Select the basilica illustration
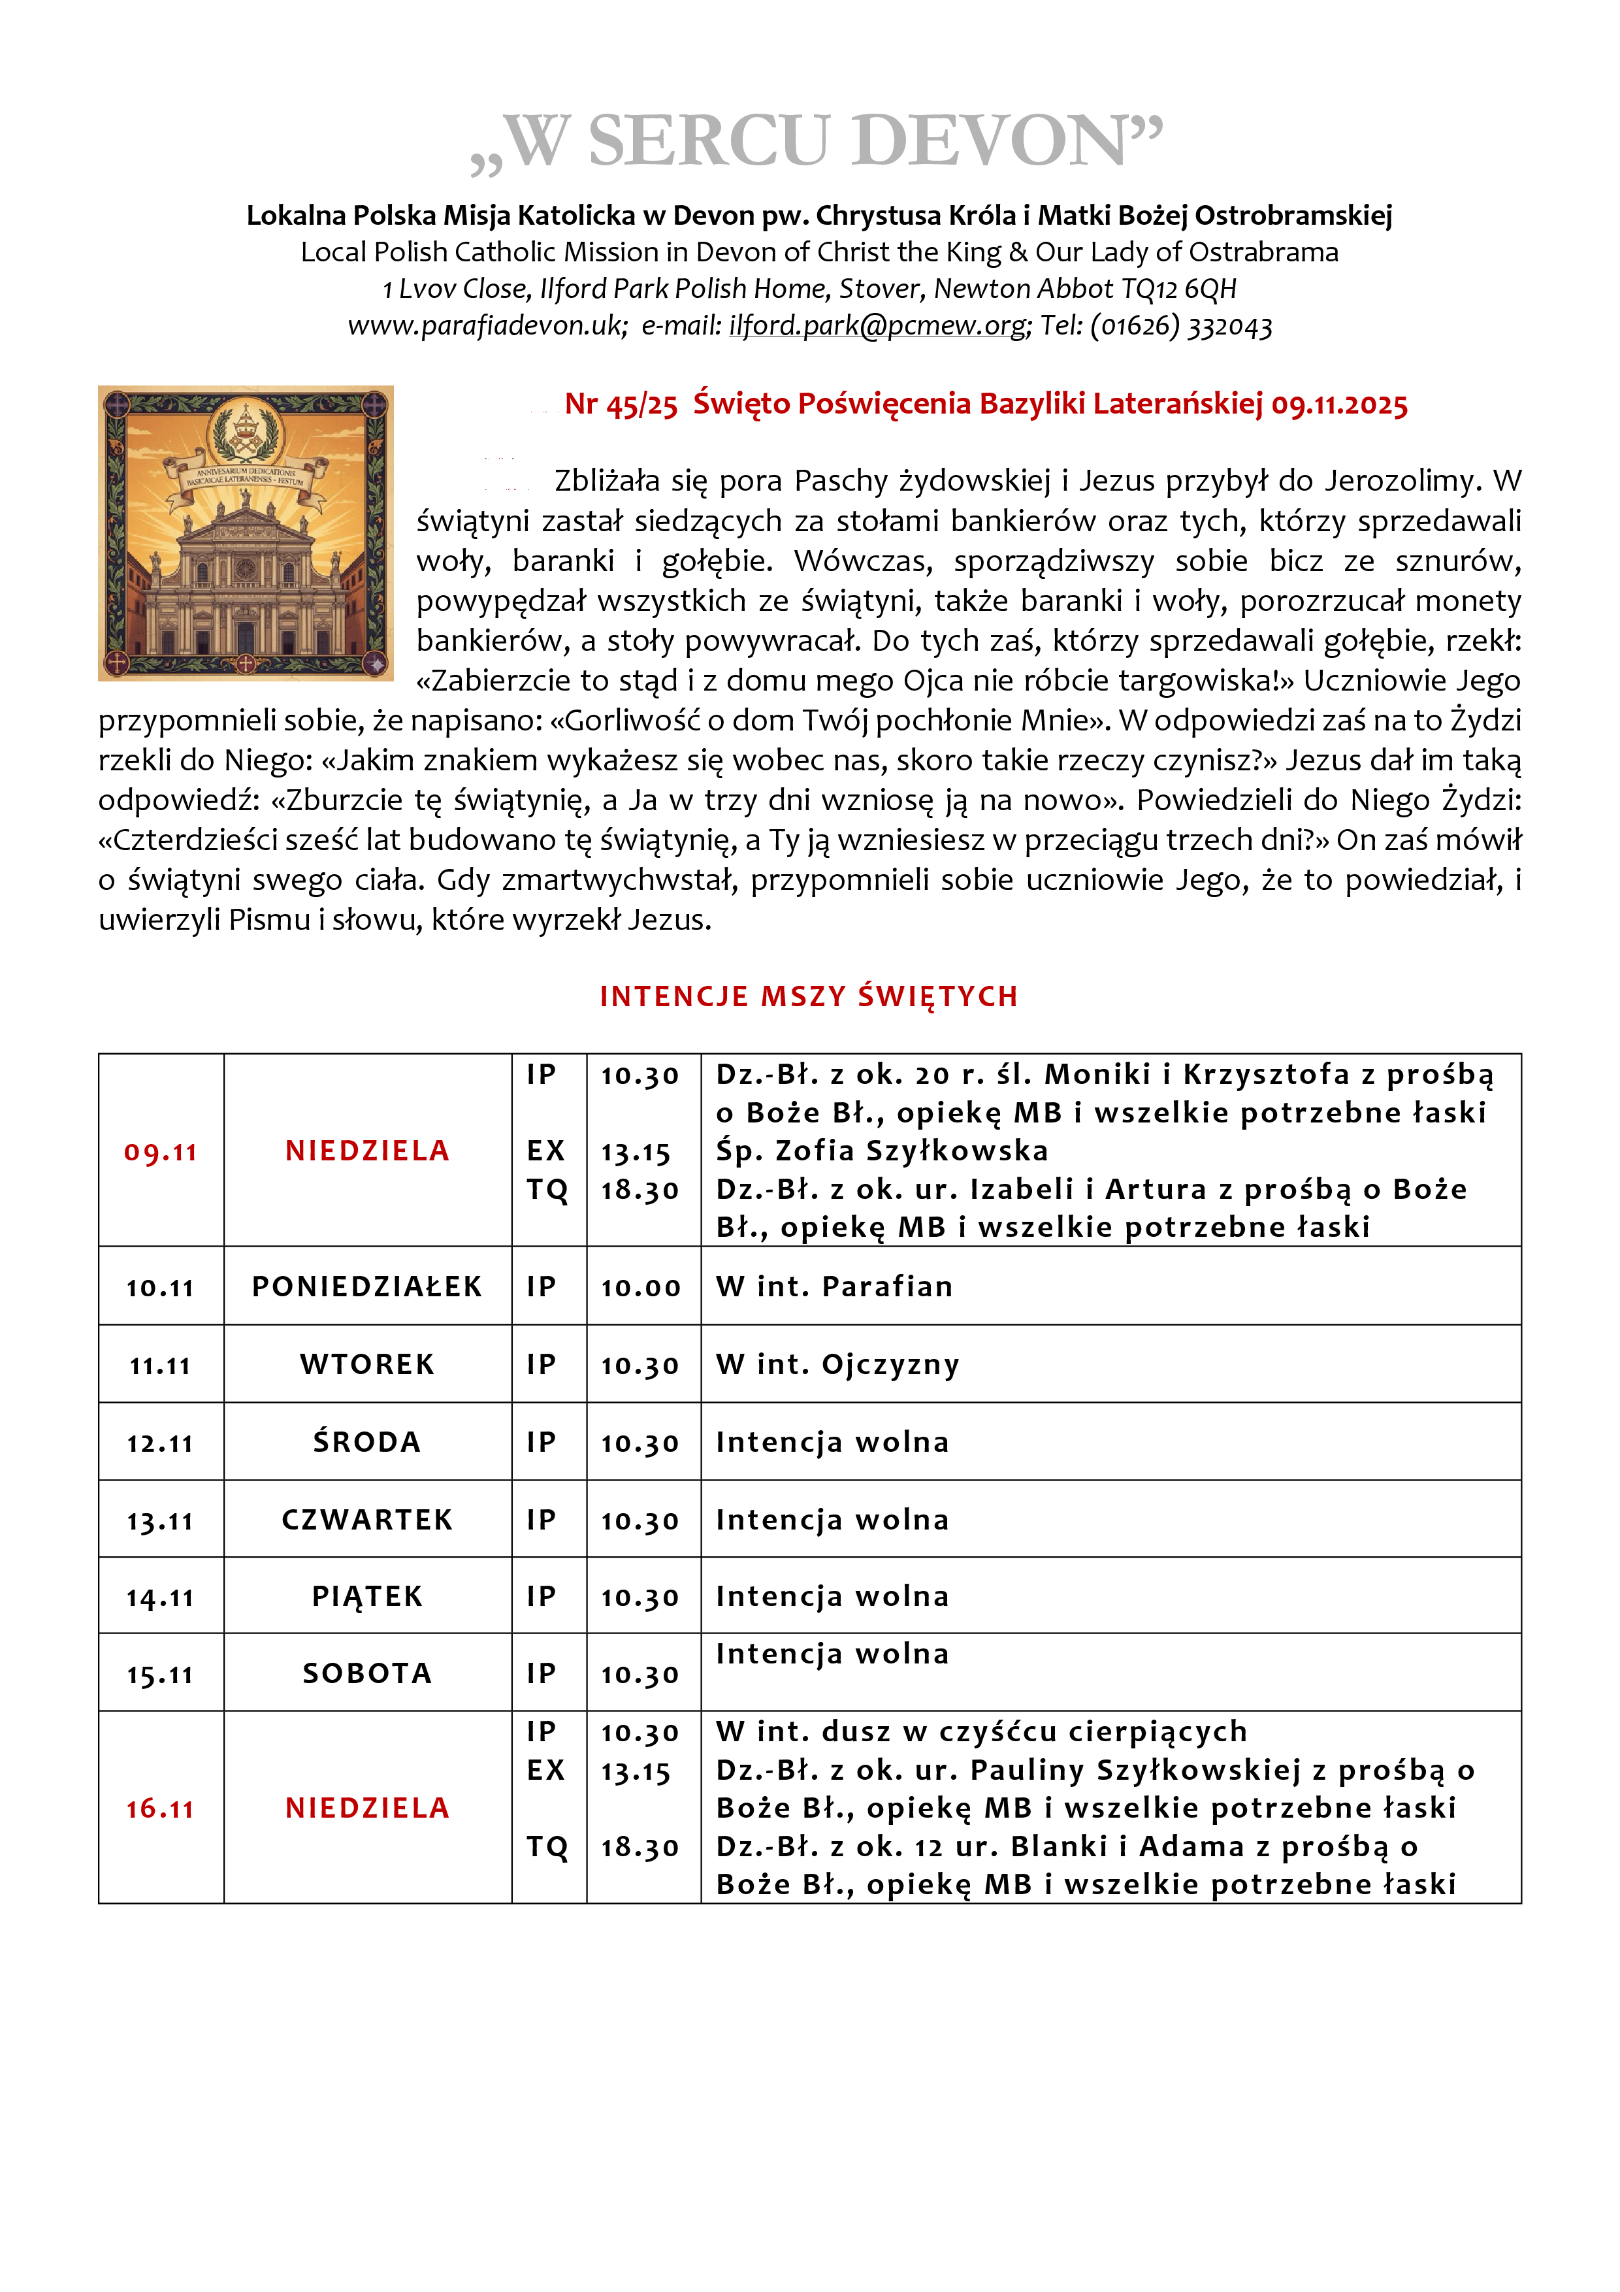click(246, 533)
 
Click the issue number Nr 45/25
click(621, 404)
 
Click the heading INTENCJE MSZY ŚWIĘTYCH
click(809, 996)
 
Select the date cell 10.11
click(159, 1288)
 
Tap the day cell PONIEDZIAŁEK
click(366, 1286)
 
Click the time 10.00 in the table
click(640, 1288)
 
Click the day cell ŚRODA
click(366, 1443)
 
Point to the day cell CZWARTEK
click(366, 1519)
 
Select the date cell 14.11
click(159, 1597)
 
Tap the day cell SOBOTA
click(366, 1674)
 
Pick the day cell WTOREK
click(366, 1365)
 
